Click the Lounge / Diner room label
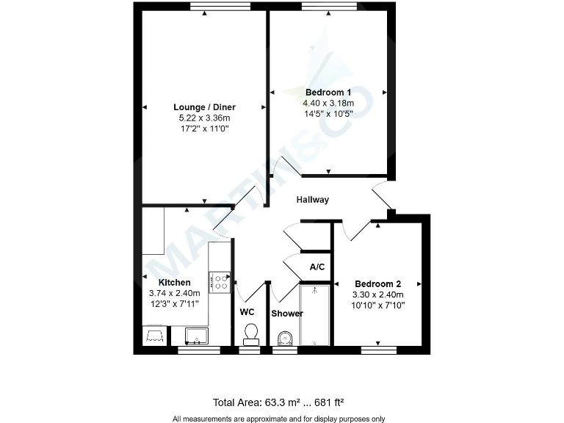pos(204,107)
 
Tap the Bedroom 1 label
pos(328,93)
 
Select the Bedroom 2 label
pos(377,284)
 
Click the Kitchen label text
pos(175,283)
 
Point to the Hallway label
pos(313,200)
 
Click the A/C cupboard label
pos(317,267)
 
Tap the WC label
pos(247,311)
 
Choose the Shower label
pos(287,314)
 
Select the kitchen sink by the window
pos(196,336)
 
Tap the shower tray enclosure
pos(315,315)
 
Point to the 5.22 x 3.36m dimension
pos(204,118)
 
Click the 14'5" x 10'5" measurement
pos(328,114)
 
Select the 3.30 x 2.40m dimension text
pos(377,294)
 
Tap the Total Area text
pos(278,402)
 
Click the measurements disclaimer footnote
pos(278,419)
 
